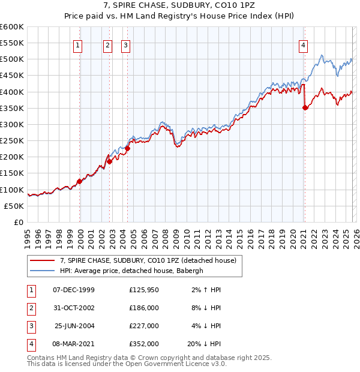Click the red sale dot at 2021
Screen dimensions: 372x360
tap(305, 107)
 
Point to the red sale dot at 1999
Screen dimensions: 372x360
tap(79, 181)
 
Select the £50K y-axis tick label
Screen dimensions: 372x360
tap(14, 206)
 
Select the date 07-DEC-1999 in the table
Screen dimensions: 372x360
tap(73, 290)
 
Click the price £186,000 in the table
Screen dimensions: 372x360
tap(143, 308)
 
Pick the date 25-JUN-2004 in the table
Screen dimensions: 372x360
tap(73, 326)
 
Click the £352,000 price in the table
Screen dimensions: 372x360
tap(143, 344)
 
